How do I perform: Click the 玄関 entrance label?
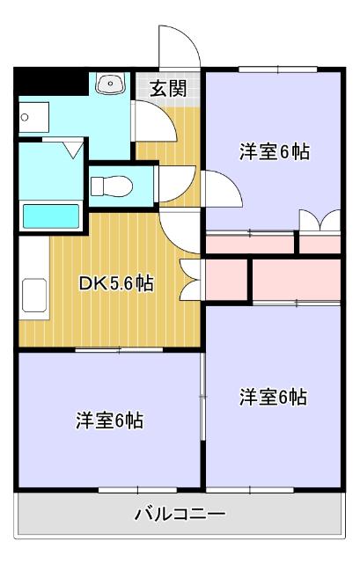pos(167,87)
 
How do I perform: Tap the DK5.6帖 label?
pos(116,283)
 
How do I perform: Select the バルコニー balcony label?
pos(180,513)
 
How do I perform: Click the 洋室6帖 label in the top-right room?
pos(274,151)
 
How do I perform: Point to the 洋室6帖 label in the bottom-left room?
pos(109,420)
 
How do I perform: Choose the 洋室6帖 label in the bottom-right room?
pos(274,397)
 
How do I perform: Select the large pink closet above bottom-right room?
pos(296,279)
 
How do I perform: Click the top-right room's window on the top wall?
pos(275,69)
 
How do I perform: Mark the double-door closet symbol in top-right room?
pos(319,221)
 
